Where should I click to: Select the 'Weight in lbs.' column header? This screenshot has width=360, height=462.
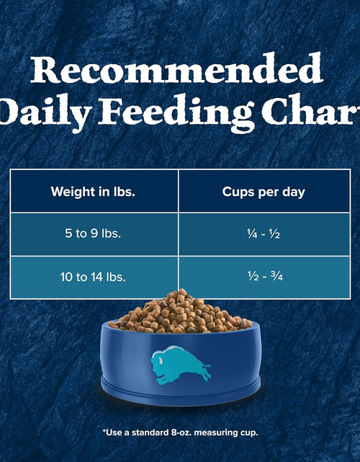(x=94, y=192)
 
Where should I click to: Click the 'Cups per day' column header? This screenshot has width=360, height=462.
(x=264, y=192)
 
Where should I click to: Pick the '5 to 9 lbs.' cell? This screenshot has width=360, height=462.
(x=94, y=234)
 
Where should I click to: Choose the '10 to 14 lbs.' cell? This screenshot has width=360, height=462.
(x=94, y=276)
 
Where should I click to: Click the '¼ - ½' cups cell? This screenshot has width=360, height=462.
(x=264, y=234)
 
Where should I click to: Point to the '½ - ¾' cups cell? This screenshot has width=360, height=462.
(x=264, y=276)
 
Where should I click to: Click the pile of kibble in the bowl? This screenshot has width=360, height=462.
(x=180, y=314)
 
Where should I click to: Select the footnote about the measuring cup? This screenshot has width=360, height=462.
(x=180, y=432)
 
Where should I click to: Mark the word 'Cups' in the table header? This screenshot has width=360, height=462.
(x=238, y=192)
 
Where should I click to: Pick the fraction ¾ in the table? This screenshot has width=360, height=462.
(x=276, y=276)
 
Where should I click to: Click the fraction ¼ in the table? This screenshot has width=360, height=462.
(x=250, y=234)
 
